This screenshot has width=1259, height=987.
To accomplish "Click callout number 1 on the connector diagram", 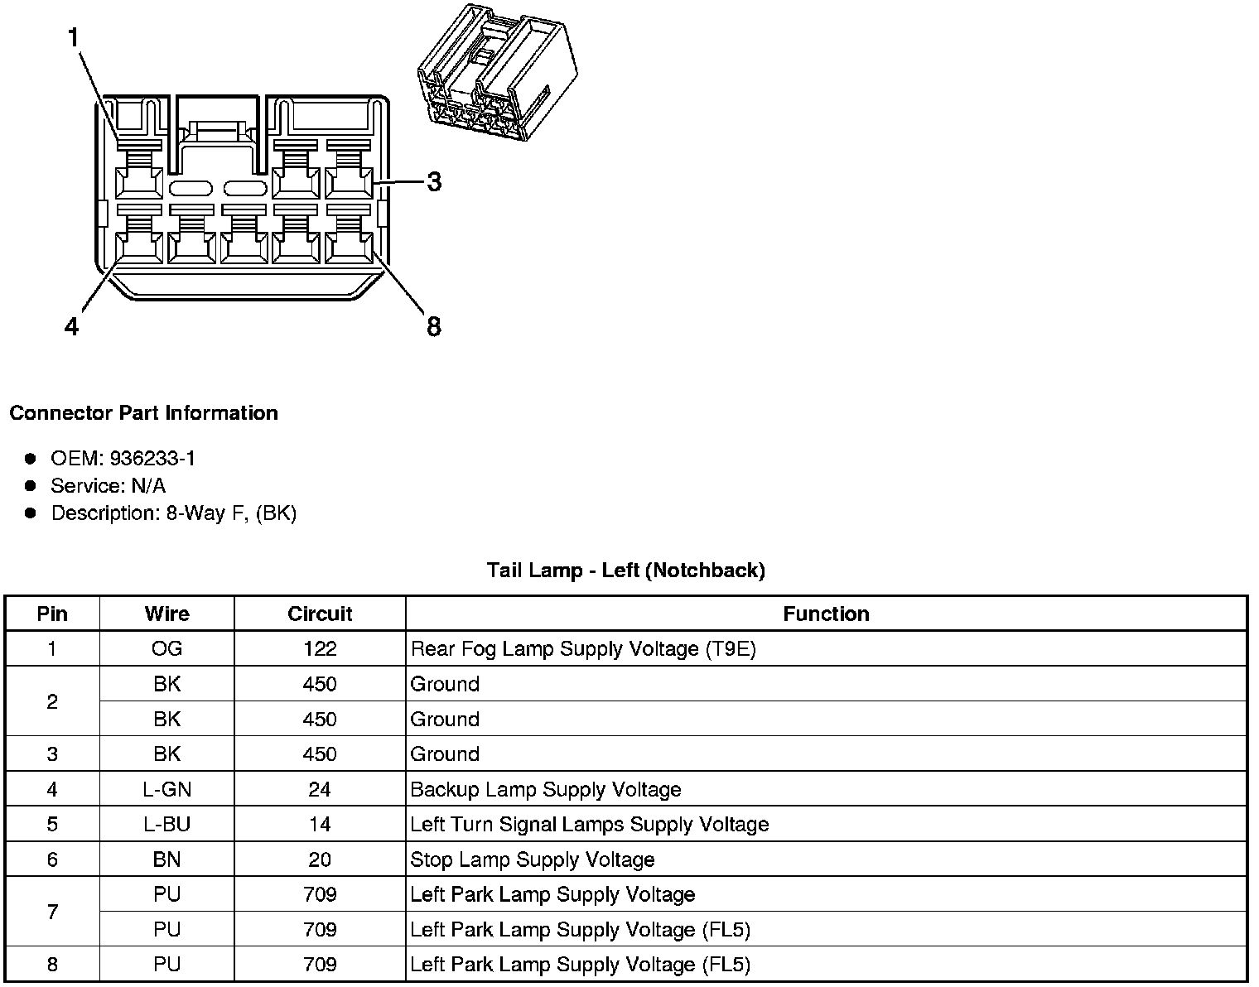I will [x=74, y=39].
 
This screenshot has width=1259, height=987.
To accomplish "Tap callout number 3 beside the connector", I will [x=434, y=181].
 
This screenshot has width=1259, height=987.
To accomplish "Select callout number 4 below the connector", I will [x=72, y=327].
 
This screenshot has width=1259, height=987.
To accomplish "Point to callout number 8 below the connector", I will [x=434, y=327].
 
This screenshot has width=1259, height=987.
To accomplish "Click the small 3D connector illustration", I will [x=495, y=73].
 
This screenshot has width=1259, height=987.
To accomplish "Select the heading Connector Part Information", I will [x=143, y=412].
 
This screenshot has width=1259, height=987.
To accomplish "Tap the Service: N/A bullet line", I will [x=108, y=485].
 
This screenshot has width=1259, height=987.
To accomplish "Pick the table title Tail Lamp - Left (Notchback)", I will [x=625, y=570].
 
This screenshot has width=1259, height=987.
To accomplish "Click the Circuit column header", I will [x=320, y=614].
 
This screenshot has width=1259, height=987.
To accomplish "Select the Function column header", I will [x=826, y=614].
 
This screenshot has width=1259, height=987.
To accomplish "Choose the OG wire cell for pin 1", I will [x=166, y=649].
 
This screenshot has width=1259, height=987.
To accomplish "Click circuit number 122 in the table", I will [x=320, y=649].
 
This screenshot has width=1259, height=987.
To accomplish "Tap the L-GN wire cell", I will [x=166, y=789].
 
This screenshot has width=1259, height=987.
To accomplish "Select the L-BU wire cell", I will [x=166, y=825].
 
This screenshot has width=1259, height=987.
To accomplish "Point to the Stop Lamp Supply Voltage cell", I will [x=533, y=859].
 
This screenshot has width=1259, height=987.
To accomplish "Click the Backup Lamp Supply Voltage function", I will [x=546, y=789].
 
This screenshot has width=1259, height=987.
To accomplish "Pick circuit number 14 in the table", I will [x=320, y=825].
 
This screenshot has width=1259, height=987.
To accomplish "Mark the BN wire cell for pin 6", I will [x=166, y=859].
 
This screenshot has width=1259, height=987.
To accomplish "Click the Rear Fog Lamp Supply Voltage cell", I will [x=583, y=649].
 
